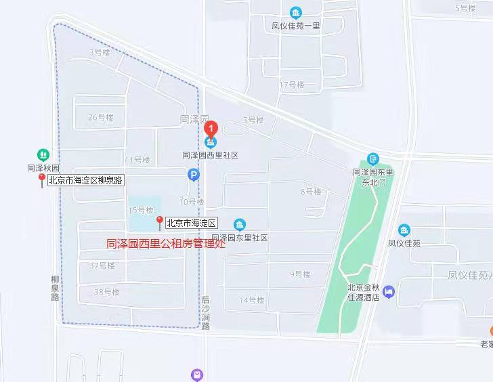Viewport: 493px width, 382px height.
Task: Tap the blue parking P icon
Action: (194, 175)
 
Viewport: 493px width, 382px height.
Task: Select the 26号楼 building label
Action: (100, 117)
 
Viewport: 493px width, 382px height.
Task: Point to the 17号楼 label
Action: (291, 85)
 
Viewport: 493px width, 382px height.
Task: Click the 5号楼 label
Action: (465, 8)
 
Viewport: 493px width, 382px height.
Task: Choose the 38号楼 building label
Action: (106, 292)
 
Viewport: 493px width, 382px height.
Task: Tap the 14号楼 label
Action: (251, 300)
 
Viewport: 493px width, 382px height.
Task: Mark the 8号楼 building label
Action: (312, 192)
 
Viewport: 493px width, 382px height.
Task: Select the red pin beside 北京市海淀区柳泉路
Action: (42, 180)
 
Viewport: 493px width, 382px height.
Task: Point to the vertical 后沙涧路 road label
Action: (206, 312)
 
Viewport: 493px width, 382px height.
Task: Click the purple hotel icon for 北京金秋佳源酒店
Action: (388, 292)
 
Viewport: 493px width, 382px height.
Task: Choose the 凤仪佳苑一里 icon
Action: (296, 13)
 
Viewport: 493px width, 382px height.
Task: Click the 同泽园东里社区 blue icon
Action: (240, 224)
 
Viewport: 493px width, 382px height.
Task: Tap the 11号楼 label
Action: (137, 160)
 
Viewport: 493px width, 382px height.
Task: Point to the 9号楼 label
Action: (299, 274)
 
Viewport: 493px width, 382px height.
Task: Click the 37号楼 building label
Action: (102, 266)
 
